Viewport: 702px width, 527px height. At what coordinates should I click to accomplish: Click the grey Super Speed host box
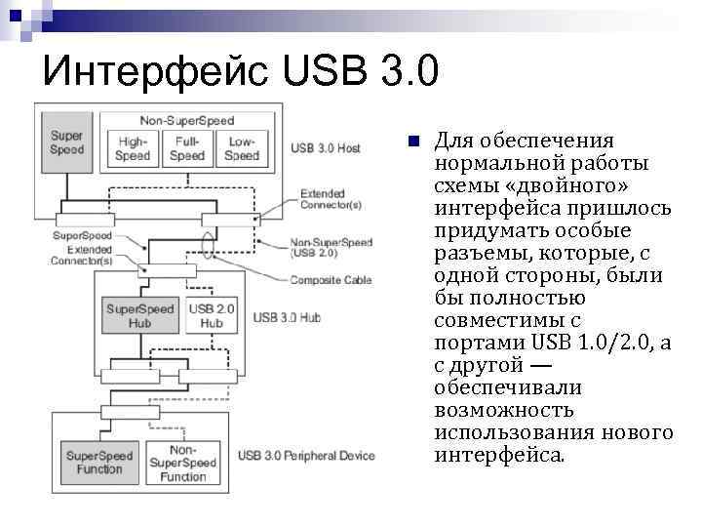pos(67,142)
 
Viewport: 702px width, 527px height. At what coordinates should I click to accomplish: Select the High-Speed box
pos(132,148)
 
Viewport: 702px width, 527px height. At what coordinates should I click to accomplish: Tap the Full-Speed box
pos(186,148)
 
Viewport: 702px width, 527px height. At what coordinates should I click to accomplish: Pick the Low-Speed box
pos(241,148)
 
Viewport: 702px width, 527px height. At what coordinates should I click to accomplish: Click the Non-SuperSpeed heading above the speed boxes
pos(186,120)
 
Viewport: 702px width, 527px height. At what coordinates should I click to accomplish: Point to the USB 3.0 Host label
pos(326,148)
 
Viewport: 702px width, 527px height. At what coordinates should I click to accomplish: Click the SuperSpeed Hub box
pos(139,316)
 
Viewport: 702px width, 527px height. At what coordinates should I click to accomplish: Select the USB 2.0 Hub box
pos(212,316)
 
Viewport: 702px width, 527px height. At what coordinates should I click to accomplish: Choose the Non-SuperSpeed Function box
pos(182,463)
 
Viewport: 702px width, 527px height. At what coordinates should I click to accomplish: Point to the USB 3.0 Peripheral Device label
pos(306,456)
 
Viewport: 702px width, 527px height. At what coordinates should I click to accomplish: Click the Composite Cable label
pos(331,280)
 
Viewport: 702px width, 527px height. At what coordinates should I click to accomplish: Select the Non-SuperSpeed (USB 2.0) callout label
pos(331,247)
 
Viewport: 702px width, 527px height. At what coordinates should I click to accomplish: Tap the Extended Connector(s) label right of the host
pos(331,199)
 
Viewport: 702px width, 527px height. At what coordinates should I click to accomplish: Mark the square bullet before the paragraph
pos(413,141)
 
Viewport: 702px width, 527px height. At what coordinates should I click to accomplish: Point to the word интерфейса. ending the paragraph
pos(498,455)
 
